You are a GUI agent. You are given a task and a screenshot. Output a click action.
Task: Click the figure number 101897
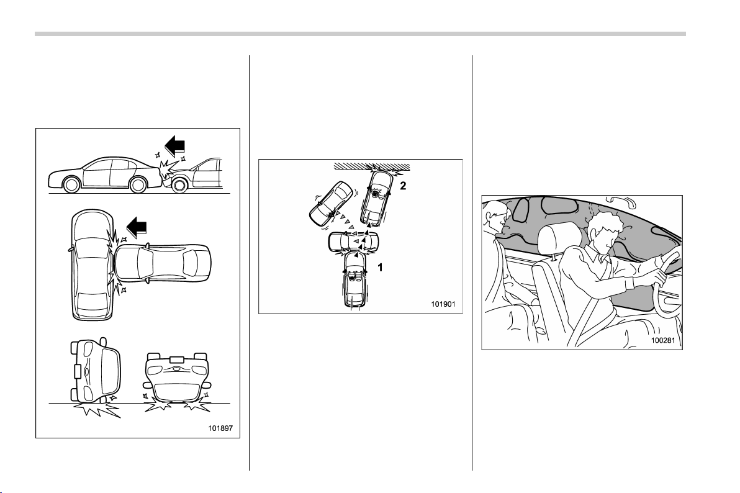[x=221, y=429]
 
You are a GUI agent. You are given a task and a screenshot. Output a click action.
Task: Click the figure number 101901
[x=443, y=304]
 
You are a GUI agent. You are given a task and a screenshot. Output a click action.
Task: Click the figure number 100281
[x=663, y=340]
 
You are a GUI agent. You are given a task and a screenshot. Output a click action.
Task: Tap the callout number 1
[x=380, y=268]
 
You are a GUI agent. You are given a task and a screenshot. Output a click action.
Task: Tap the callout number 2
[x=403, y=186]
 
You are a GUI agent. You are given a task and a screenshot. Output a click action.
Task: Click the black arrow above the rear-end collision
[x=174, y=147]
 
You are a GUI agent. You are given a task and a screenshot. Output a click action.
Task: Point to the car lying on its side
[x=95, y=369]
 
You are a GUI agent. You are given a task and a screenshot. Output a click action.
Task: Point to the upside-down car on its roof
[x=177, y=377]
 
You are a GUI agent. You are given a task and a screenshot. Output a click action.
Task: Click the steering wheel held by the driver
[x=667, y=283]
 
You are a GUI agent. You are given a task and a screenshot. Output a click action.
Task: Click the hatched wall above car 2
[x=371, y=166]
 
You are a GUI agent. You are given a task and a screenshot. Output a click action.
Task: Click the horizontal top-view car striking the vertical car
[x=163, y=263]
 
